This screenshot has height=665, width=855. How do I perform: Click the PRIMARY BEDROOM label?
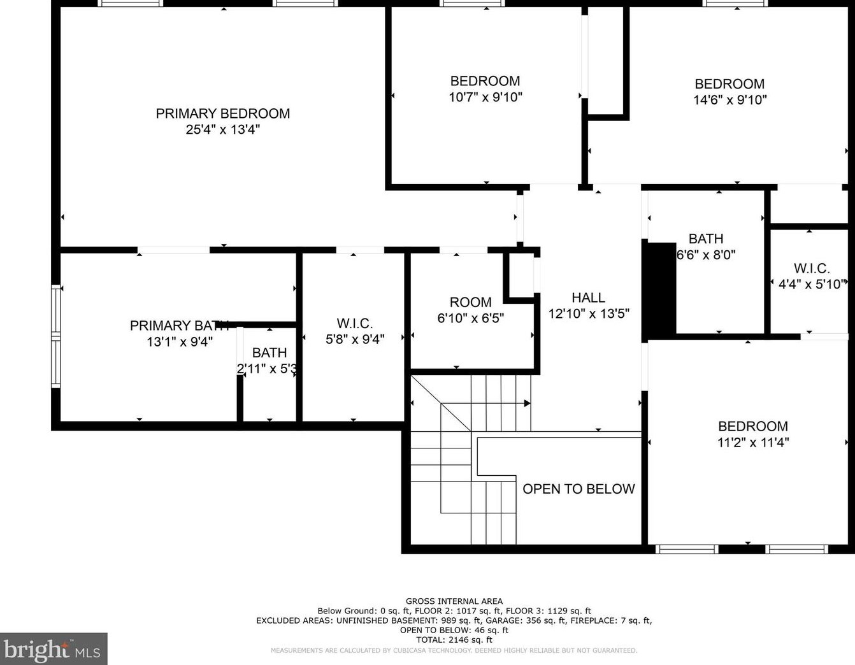click(222, 113)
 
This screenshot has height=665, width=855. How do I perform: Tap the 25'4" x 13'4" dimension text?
click(222, 129)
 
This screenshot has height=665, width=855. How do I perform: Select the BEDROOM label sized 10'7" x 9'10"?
click(485, 81)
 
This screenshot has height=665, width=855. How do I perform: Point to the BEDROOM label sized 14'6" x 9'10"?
click(729, 84)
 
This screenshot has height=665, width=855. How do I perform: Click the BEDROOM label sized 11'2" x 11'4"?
click(752, 426)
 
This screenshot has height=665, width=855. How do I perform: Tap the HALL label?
click(588, 297)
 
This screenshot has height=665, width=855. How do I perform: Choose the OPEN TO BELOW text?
click(578, 489)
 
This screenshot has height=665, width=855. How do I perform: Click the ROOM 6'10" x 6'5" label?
click(470, 302)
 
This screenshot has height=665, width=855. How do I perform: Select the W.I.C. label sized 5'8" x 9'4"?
click(354, 324)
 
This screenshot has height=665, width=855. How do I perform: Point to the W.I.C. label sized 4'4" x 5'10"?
click(811, 269)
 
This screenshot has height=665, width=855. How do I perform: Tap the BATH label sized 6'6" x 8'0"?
click(705, 239)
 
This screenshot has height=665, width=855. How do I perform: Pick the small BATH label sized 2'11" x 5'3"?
click(269, 352)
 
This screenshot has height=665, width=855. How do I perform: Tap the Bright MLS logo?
click(54, 649)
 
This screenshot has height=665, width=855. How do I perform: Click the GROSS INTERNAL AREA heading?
click(454, 601)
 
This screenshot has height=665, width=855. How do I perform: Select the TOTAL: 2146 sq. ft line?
click(454, 640)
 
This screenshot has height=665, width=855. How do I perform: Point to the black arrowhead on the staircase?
click(527, 403)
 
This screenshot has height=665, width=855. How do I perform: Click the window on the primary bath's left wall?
click(56, 336)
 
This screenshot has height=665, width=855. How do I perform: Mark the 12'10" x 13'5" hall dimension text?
click(588, 313)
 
